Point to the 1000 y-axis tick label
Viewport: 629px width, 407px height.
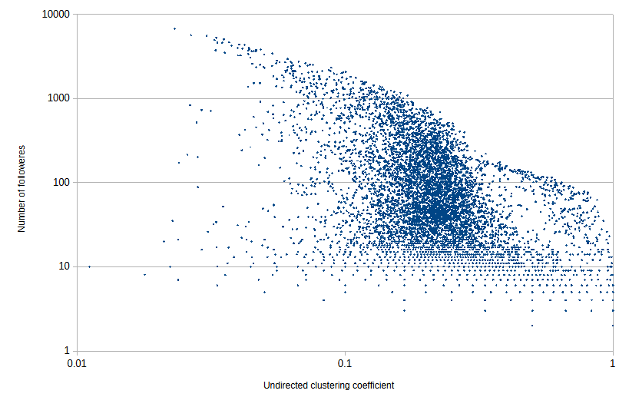click(58, 98)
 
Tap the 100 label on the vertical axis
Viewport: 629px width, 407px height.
click(61, 183)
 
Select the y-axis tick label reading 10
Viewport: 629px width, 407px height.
click(63, 266)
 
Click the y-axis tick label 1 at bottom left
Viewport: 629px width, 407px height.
click(66, 351)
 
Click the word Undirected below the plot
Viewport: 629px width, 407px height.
click(286, 385)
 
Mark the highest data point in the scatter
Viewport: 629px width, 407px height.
click(174, 28)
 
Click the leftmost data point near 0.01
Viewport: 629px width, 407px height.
click(89, 266)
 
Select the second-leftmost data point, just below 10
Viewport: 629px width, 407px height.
click(144, 274)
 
